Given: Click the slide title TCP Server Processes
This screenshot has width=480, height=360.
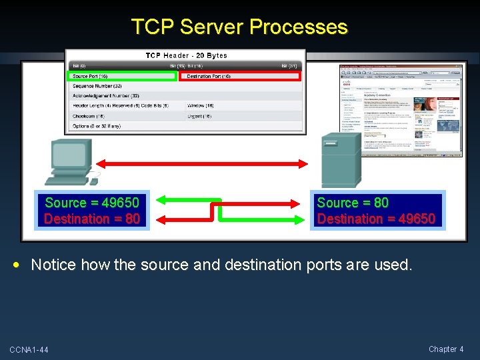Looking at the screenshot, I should (239, 27).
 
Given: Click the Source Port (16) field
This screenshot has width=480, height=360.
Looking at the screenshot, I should (123, 77).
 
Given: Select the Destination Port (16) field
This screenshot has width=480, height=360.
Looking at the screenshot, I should (241, 77).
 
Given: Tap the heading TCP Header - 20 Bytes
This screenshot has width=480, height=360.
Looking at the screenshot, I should (186, 55).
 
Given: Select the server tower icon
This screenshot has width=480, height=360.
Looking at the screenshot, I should (341, 161).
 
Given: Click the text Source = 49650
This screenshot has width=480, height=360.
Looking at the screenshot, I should (92, 203).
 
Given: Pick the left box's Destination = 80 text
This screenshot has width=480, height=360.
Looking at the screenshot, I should (92, 219).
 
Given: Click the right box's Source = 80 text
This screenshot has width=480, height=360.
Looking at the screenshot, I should (353, 203).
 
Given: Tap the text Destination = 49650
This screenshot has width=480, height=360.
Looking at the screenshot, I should (376, 219).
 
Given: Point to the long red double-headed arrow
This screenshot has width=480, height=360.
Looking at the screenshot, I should (202, 162).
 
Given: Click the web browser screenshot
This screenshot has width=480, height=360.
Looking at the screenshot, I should (400, 111).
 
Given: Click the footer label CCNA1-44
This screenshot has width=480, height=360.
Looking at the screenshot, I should (29, 350).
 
